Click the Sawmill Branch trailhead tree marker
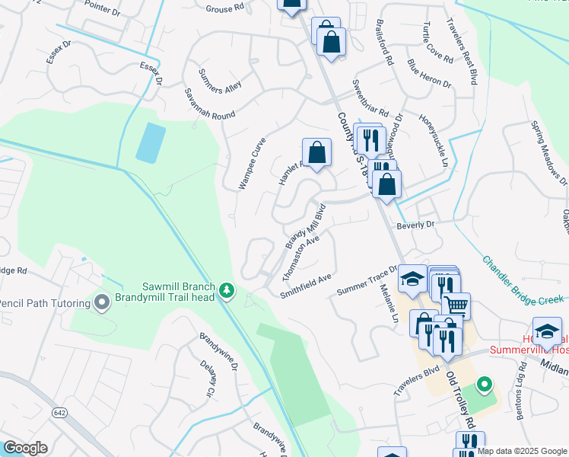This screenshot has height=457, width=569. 226,290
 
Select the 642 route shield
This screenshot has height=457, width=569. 59,412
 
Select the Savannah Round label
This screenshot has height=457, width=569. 209,103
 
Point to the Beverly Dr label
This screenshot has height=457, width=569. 415,225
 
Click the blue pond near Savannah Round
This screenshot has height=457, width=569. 151,142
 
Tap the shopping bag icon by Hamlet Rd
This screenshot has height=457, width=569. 316,152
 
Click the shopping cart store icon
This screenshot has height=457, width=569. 456,306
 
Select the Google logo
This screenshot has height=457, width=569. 25,448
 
